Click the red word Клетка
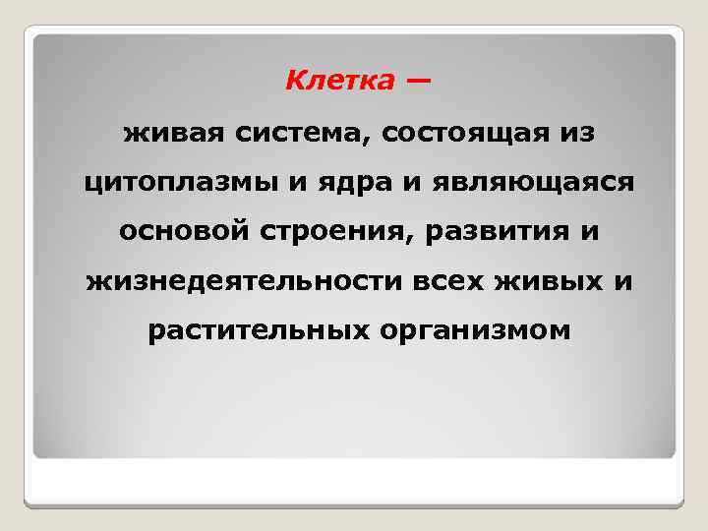tap(337, 80)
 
